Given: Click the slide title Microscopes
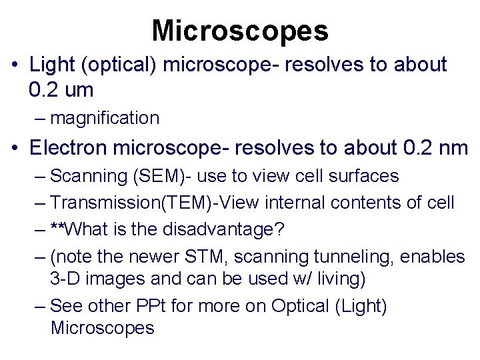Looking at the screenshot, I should [240, 30].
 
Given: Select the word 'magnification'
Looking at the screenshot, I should [105, 119].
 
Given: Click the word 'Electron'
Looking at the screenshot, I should [71, 147].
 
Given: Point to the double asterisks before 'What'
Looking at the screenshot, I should [59, 230].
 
